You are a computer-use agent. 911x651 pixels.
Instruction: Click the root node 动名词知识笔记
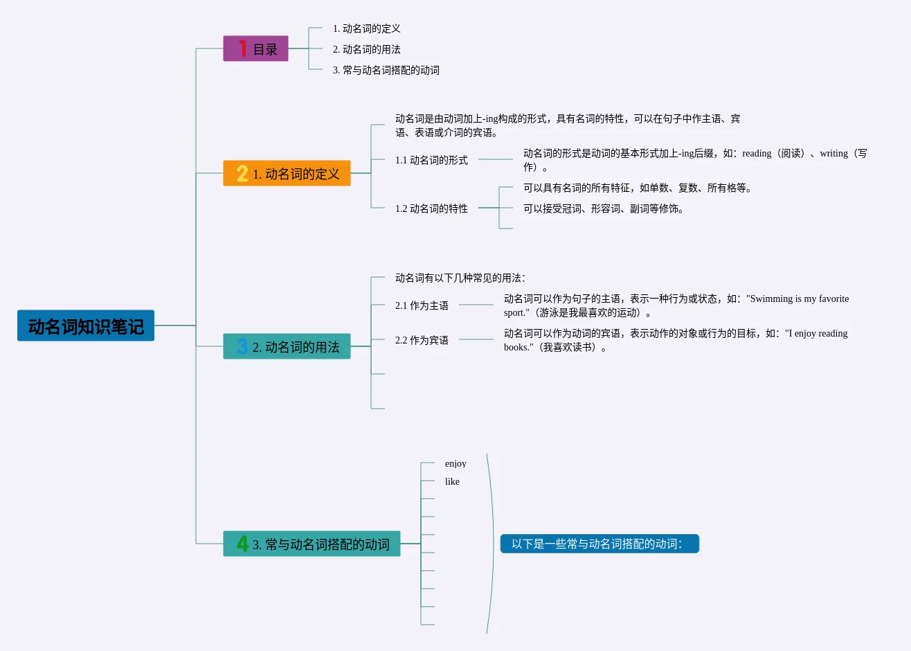[x=86, y=325]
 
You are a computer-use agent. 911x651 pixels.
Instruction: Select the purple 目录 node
[x=255, y=48]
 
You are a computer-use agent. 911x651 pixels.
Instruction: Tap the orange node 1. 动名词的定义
[x=287, y=173]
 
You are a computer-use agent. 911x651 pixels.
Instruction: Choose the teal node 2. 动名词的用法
[x=287, y=346]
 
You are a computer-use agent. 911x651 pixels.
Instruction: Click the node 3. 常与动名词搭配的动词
[x=312, y=544]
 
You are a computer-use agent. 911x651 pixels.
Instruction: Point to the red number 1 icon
[x=242, y=48]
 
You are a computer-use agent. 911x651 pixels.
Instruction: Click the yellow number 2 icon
[x=242, y=173]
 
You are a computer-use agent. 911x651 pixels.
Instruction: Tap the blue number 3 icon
[x=242, y=346]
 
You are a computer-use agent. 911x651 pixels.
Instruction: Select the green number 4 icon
[x=242, y=544]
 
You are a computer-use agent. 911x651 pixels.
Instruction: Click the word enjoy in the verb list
[x=455, y=463]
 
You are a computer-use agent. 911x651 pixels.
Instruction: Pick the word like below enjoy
[x=452, y=481]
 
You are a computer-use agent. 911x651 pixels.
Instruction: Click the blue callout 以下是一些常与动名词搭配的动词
[x=599, y=544]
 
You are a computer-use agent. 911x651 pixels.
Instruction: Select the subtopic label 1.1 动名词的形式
[x=431, y=160]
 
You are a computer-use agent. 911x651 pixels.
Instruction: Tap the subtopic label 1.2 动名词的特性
[x=431, y=208]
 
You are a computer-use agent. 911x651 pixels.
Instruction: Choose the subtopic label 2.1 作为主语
[x=422, y=305]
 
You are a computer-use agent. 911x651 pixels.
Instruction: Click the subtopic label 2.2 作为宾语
[x=422, y=340]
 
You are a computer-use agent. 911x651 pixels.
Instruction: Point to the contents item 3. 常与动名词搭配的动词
[x=386, y=70]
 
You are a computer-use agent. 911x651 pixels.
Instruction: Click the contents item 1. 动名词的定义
[x=366, y=28]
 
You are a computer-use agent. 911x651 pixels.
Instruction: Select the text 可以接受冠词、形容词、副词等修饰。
[x=604, y=208]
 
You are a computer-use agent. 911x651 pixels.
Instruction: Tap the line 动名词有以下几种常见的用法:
[x=460, y=278]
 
